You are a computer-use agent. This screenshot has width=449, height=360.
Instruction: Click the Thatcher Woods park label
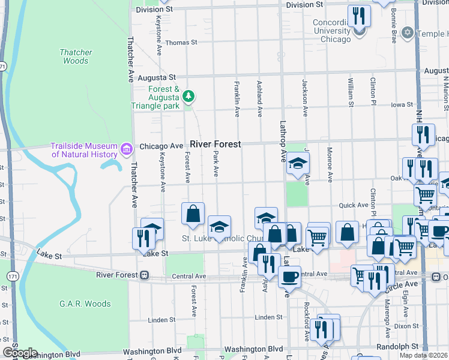[76, 56]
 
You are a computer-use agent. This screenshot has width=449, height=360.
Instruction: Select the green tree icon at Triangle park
[189, 96]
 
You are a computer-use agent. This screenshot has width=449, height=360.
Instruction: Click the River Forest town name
[215, 144]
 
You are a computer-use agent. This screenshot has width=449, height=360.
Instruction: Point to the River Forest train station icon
[144, 275]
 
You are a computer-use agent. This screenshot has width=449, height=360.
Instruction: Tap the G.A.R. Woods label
[85, 304]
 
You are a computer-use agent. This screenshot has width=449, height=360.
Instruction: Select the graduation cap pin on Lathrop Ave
[297, 164]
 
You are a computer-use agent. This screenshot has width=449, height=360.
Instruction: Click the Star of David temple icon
[408, 32]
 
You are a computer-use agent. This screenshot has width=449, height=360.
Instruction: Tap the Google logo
[20, 353]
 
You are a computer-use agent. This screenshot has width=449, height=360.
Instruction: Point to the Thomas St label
[181, 43]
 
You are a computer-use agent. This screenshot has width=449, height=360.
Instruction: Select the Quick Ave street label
[354, 205]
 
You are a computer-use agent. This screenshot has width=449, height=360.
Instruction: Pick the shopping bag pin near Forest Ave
[193, 214]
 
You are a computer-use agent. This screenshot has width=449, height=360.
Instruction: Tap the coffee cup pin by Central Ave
[289, 277]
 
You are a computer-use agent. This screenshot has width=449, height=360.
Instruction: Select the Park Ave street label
[215, 164]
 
